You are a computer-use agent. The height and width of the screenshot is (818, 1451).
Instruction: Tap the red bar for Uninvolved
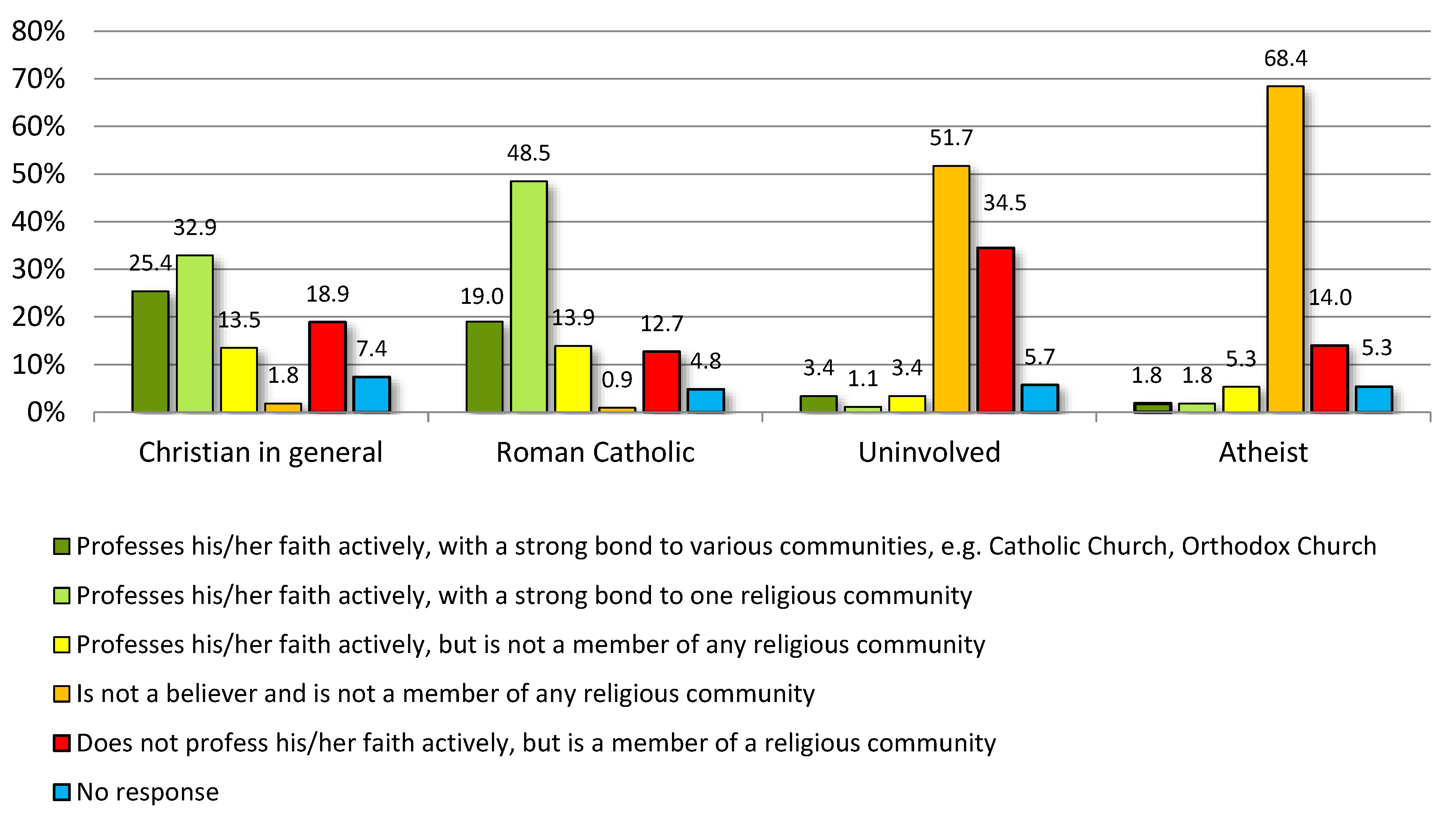tap(995, 330)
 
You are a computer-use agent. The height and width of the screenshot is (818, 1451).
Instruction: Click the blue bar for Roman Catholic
tap(705, 400)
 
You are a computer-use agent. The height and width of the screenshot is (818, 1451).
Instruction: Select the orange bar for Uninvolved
tap(951, 289)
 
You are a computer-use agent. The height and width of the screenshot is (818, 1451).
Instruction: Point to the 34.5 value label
tap(1004, 203)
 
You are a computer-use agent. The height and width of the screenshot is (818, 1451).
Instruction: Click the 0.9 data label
tap(617, 380)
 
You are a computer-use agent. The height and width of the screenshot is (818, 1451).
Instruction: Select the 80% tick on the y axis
tap(38, 31)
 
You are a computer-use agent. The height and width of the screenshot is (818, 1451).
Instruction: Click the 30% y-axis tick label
tap(38, 270)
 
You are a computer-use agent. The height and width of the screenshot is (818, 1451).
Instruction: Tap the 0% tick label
tap(46, 413)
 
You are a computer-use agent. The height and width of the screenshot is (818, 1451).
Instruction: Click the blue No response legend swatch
tap(61, 792)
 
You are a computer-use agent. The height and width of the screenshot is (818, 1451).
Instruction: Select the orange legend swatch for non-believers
tap(61, 694)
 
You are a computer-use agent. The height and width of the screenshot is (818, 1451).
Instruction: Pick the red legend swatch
tap(61, 743)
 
